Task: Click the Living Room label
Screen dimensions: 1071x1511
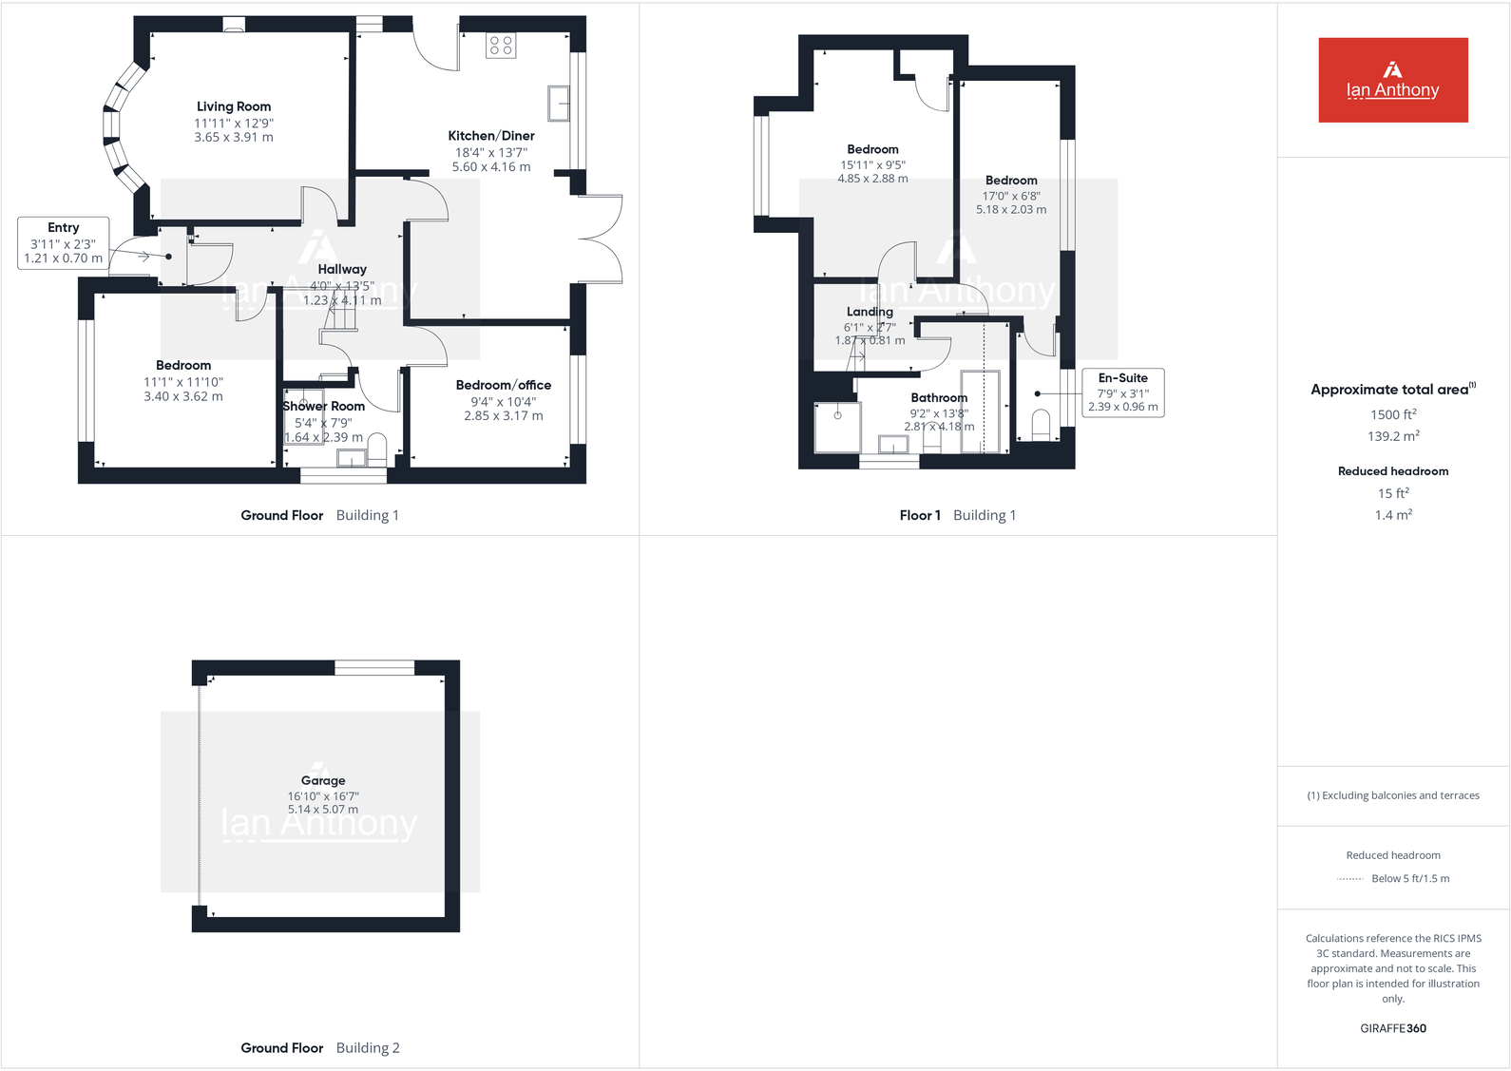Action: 234,106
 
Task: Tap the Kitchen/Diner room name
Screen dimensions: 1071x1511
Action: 491,136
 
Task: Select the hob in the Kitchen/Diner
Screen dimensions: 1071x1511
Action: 501,45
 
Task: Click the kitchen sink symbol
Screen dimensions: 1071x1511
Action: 559,103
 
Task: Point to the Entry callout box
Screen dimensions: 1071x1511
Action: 64,242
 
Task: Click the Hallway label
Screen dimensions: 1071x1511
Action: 342,269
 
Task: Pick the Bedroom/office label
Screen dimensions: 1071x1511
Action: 504,385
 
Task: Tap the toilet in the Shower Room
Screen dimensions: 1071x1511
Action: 376,447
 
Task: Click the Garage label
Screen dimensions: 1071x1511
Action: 323,780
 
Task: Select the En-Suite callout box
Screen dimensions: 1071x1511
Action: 1123,392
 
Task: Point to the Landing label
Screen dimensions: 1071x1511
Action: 870,312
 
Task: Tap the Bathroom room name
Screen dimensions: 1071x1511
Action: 939,398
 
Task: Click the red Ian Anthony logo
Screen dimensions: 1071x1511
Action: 1393,80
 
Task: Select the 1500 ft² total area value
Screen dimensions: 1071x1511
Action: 1393,414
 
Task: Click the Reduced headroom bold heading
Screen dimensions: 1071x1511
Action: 1393,471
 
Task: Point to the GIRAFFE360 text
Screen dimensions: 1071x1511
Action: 1393,1028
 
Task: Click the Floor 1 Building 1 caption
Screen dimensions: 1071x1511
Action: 958,515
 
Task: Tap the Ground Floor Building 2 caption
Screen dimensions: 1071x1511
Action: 320,1048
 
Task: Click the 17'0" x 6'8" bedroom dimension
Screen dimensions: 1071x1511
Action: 1011,196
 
